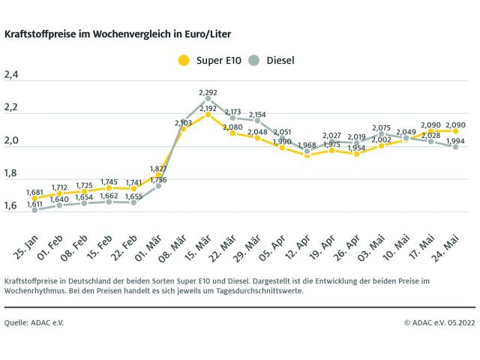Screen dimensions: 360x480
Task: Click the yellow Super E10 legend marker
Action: click(x=182, y=59)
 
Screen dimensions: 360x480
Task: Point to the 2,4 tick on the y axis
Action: click(x=11, y=75)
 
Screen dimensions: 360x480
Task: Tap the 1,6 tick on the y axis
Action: click(x=11, y=205)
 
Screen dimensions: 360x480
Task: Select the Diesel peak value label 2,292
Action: click(x=208, y=92)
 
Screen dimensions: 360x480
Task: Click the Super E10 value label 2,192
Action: click(x=208, y=108)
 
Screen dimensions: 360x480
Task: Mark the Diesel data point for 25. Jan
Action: click(x=34, y=210)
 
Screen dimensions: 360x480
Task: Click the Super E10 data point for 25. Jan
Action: click(x=34, y=199)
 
